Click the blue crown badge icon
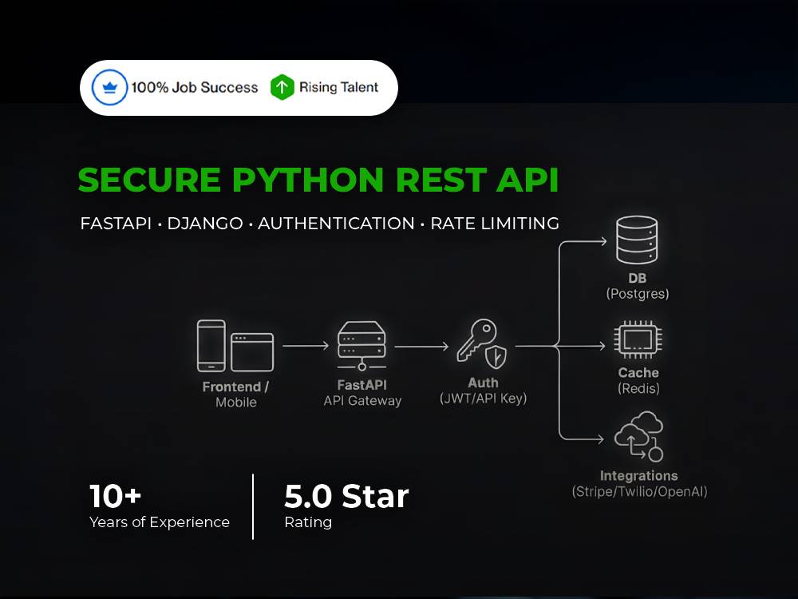pyautogui.click(x=109, y=87)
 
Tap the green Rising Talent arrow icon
pyautogui.click(x=282, y=87)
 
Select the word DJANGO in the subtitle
pyautogui.click(x=205, y=223)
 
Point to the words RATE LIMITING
pyautogui.click(x=495, y=223)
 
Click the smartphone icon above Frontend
pyautogui.click(x=211, y=346)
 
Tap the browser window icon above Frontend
pyautogui.click(x=252, y=352)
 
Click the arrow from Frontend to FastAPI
pyautogui.click(x=306, y=346)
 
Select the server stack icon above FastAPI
pyautogui.click(x=361, y=345)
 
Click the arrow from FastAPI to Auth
pyautogui.click(x=421, y=347)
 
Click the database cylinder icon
pyautogui.click(x=637, y=240)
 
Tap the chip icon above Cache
pyautogui.click(x=638, y=339)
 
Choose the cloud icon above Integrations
pyautogui.click(x=639, y=437)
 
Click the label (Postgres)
pyautogui.click(x=637, y=294)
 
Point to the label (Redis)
pyautogui.click(x=638, y=389)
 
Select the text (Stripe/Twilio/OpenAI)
pyautogui.click(x=640, y=491)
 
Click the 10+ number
pyautogui.click(x=115, y=496)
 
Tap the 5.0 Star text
pyautogui.click(x=346, y=496)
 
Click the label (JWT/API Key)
pyautogui.click(x=483, y=399)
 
